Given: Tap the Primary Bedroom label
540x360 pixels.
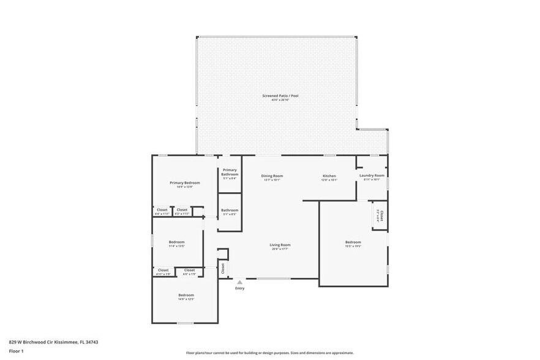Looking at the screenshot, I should pos(184,183).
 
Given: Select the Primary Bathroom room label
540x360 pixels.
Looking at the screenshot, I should pos(230,172).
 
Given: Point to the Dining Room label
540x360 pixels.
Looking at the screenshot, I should pos(272,176).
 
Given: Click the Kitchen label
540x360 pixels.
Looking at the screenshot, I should pos(329,176).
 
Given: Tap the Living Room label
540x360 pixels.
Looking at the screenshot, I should pos(280,245).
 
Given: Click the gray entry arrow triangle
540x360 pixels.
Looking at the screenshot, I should pos(239,282).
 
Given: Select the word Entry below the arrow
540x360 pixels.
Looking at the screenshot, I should pos(239,288).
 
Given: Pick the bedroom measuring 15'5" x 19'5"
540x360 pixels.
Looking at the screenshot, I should pos(353,242).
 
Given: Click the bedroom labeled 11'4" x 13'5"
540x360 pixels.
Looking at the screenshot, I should pos(176,242).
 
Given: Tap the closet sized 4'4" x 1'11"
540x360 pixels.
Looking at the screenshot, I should pos(162,211).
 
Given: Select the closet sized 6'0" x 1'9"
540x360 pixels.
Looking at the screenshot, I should pos(189,271).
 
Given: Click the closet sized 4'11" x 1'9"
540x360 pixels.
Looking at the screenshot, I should pos(163,271).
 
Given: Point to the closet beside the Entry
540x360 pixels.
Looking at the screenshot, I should pos(223,268).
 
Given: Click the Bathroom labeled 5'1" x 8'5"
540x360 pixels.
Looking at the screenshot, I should pos(230,211).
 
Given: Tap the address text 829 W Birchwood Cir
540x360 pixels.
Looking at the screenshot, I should pos(54,342).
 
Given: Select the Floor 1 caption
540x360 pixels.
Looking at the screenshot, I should pos(16,351).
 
